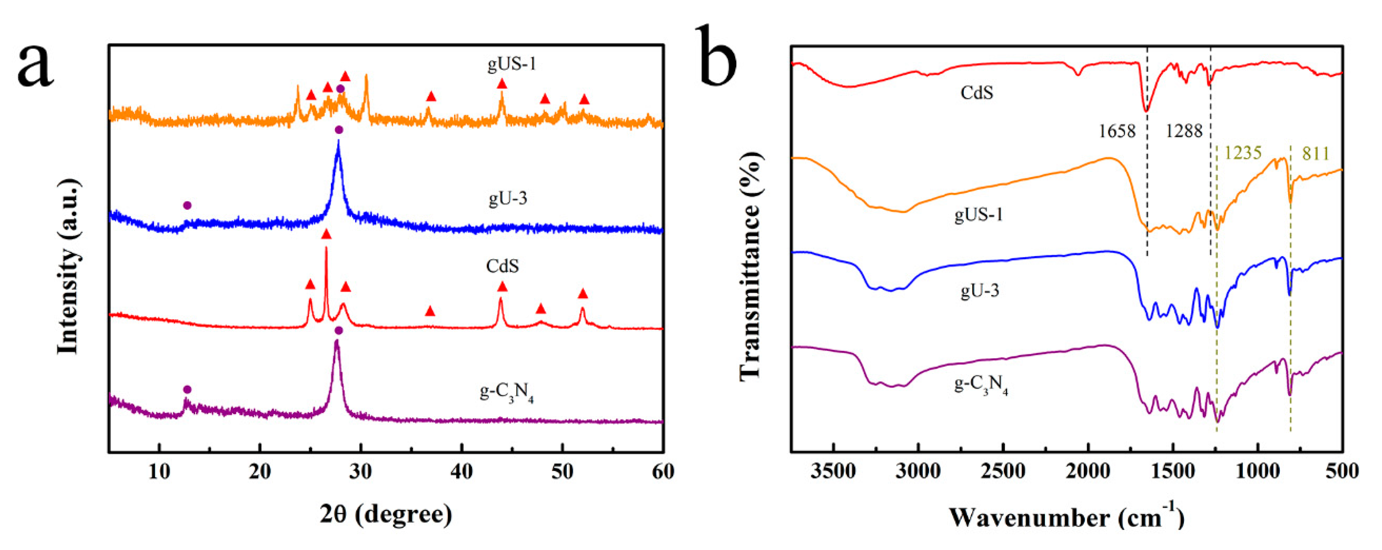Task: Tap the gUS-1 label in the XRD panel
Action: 511,64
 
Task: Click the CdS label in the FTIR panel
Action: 977,93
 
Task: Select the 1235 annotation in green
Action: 1243,154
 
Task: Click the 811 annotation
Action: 1316,154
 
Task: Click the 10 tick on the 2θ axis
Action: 159,472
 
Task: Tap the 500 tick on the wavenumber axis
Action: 1342,472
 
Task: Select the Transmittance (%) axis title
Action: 751,265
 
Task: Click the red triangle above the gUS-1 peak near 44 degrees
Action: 502,84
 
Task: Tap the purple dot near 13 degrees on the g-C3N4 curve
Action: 187,389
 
